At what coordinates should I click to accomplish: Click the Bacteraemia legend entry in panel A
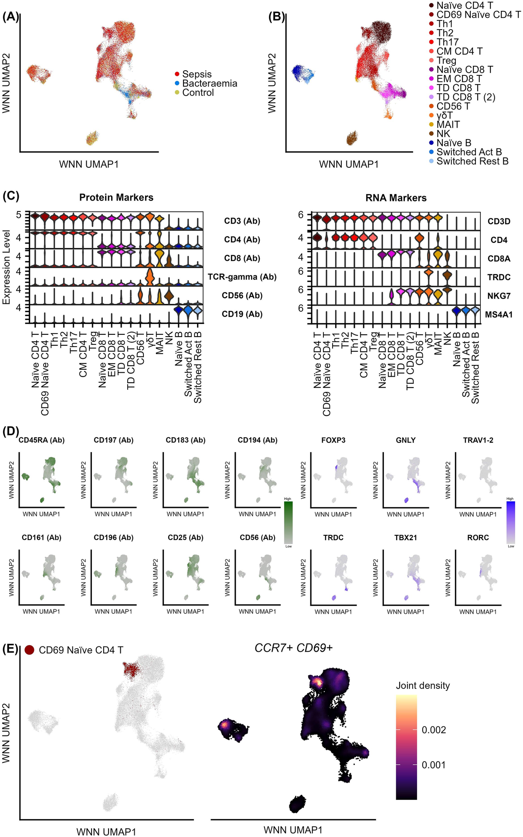209,83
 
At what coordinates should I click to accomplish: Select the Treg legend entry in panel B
446,61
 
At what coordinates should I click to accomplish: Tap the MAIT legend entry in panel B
448,125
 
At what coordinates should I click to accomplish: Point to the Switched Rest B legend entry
472,161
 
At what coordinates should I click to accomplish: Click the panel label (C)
10,196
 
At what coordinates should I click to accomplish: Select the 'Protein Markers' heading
116,197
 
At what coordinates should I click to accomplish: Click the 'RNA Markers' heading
396,198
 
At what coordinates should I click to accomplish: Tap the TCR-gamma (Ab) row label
242,277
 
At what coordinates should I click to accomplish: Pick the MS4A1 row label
499,314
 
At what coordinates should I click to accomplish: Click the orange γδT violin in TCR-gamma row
149,276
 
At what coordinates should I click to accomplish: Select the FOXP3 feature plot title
333,440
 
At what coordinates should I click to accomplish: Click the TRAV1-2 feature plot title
478,440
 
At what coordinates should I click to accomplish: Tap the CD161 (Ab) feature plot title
41,538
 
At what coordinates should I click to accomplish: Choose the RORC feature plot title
478,538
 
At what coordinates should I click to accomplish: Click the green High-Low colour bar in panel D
288,522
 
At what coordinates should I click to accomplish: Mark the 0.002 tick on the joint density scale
434,730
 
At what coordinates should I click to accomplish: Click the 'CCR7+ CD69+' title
293,648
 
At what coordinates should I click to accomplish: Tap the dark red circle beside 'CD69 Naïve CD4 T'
30,650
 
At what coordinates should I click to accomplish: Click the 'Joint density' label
422,686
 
